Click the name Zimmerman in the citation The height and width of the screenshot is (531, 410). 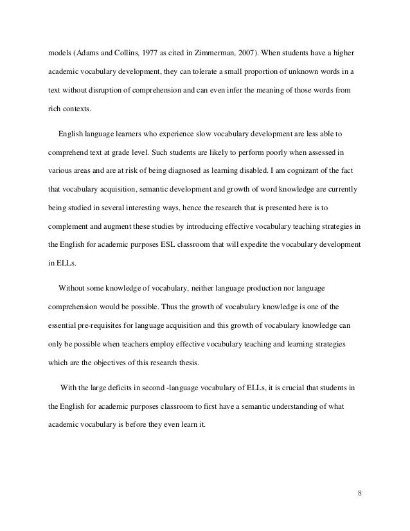click(x=225, y=51)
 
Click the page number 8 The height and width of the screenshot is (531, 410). click(x=360, y=494)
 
